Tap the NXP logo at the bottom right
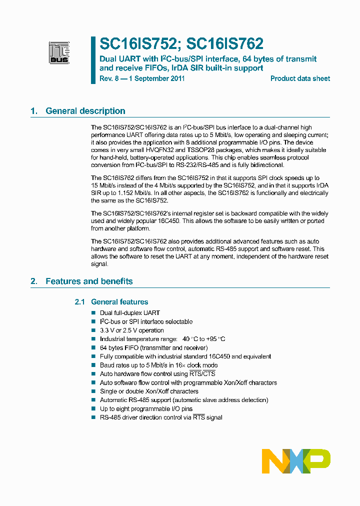point(295,460)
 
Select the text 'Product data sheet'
point(300,78)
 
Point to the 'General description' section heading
point(85,111)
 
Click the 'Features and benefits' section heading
point(89,281)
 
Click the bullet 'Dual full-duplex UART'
point(129,313)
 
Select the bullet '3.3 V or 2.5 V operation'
point(131,330)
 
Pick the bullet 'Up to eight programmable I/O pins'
point(146,408)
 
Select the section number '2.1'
point(80,301)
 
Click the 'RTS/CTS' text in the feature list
point(202,374)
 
